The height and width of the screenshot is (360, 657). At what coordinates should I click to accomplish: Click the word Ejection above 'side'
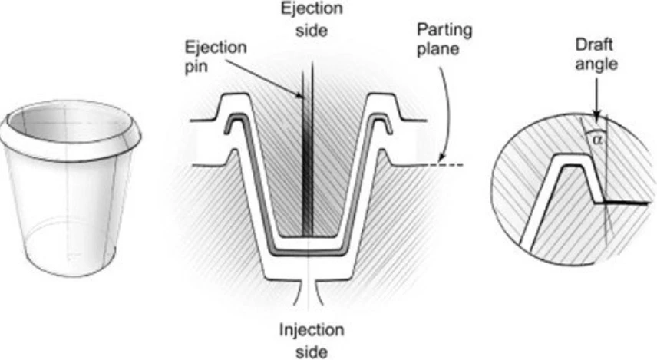(x=312, y=9)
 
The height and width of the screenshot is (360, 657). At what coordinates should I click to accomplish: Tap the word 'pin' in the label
(x=196, y=67)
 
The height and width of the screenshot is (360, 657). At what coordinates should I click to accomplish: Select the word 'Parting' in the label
(x=444, y=31)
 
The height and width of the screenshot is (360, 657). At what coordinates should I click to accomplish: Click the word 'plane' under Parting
(x=437, y=49)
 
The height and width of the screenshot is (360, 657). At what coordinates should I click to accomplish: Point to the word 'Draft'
(x=594, y=45)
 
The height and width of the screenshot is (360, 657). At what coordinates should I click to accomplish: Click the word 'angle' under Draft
(x=596, y=65)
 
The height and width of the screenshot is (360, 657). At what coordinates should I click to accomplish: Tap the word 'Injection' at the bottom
(x=312, y=330)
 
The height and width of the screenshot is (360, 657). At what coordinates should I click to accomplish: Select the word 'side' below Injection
(x=312, y=352)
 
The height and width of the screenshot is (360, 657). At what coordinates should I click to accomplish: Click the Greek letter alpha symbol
(x=596, y=140)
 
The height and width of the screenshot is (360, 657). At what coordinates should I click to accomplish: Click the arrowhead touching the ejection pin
(x=299, y=97)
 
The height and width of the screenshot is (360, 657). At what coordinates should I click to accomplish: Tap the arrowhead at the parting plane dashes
(x=440, y=159)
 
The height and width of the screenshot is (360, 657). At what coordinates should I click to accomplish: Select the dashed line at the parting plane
(x=451, y=165)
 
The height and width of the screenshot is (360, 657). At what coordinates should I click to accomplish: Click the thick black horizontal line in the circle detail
(x=623, y=203)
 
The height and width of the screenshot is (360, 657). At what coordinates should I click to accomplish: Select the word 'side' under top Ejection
(x=312, y=31)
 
